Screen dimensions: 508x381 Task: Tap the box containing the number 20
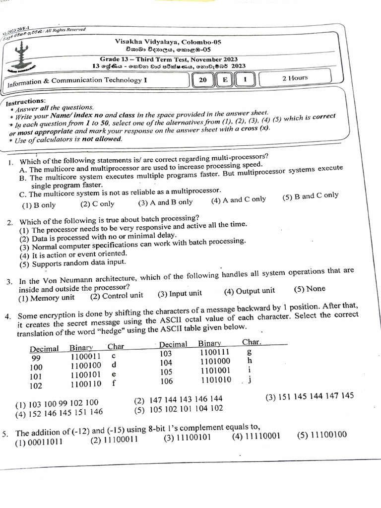click(202, 80)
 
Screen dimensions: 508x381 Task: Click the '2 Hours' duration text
click(295, 78)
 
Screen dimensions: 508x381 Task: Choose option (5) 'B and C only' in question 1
click(310, 196)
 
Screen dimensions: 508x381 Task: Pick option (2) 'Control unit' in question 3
click(117, 296)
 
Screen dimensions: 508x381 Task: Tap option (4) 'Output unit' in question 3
click(249, 291)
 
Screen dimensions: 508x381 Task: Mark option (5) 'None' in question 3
click(310, 289)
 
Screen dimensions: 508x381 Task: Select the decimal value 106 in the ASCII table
click(166, 381)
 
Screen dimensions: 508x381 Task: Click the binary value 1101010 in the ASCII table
click(216, 380)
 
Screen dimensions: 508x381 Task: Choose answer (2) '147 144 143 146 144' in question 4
click(178, 399)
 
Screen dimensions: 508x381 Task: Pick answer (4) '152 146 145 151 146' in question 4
click(59, 412)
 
